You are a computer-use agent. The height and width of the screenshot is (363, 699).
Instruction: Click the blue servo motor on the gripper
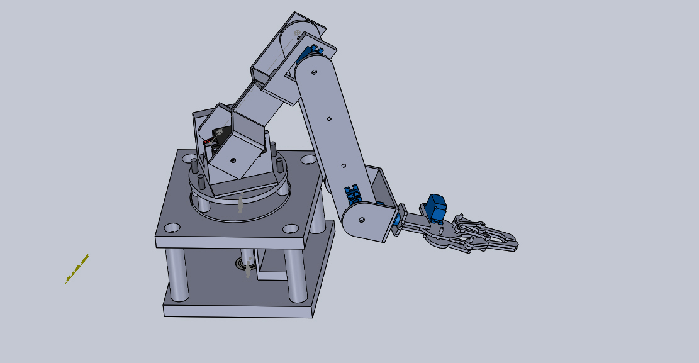point(436,208)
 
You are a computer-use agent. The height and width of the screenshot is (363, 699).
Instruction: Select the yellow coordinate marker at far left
point(77,269)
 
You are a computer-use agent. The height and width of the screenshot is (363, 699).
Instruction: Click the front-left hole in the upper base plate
point(171,227)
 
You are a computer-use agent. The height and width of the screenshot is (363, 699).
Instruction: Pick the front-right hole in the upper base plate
point(290,229)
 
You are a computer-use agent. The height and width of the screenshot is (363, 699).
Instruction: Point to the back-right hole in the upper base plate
point(308,160)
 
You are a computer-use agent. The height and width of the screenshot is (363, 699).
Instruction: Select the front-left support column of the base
point(177,274)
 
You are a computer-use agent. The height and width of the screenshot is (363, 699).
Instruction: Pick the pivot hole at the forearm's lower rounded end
point(362,220)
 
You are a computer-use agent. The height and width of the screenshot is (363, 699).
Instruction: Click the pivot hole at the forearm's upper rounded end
point(313,72)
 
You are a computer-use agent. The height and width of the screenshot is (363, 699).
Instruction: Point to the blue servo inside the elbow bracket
point(311,50)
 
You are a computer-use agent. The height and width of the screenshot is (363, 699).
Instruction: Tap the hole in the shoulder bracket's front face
point(233,160)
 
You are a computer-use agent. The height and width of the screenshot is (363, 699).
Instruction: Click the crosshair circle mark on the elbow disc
point(298,32)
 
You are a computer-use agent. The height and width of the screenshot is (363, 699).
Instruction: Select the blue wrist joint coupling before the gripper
point(396,221)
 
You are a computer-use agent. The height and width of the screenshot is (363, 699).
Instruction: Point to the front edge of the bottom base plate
point(238,311)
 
